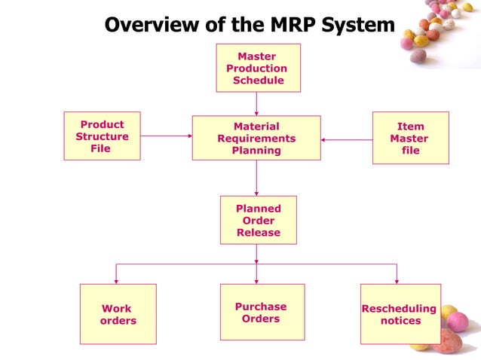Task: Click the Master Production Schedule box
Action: [x=258, y=68]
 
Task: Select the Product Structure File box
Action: [x=102, y=137]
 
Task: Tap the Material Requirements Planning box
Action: [x=256, y=139]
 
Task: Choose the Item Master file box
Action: [x=410, y=139]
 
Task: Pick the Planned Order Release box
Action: [x=258, y=220]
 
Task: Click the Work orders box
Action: [x=118, y=314]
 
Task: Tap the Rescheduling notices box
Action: [x=400, y=314]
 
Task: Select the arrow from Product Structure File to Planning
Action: [x=166, y=136]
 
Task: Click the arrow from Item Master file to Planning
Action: [x=346, y=139]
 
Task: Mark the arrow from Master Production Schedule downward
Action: [x=256, y=103]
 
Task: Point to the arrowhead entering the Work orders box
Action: [x=115, y=279]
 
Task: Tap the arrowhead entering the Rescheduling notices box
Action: [x=397, y=279]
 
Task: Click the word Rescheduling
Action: [x=399, y=309]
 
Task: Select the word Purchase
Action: [x=261, y=307]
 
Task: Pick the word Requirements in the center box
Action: [x=256, y=139]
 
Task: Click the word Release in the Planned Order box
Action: [x=258, y=233]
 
